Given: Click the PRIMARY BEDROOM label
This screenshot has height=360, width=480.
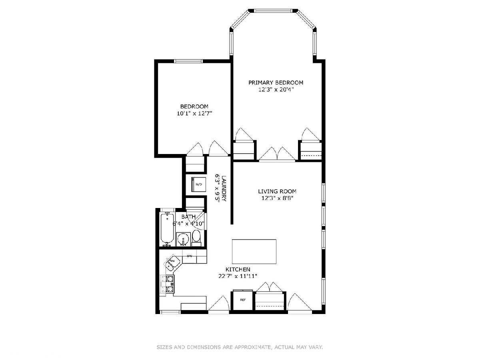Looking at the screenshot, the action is point(276,83).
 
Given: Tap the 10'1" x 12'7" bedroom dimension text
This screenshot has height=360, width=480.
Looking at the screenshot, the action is point(194,114).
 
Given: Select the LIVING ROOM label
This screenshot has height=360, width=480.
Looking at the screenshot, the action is point(277,192).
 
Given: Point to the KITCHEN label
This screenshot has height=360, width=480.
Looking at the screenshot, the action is point(238,269).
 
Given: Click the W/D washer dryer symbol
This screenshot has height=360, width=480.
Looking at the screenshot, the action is point(198,184).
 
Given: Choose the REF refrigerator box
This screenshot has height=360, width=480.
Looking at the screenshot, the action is point(243,300).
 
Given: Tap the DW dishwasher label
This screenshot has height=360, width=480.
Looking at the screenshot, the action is point(189,256).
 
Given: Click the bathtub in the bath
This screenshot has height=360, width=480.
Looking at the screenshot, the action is point(167,230).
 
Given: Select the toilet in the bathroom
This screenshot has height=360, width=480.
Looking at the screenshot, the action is point(196,239).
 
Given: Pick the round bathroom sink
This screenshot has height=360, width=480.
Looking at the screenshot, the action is point(182,239).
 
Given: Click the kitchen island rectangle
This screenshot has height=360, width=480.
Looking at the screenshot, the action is point(254,252).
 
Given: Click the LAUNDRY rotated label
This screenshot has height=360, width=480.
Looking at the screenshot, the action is point(224,188).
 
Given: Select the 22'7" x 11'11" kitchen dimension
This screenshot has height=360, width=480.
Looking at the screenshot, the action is point(238,276).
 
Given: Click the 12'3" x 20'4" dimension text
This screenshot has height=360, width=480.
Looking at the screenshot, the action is point(276,90).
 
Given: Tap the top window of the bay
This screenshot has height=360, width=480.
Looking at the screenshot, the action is point(273,10).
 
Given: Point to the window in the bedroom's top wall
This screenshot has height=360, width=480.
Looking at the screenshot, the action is point(188,61).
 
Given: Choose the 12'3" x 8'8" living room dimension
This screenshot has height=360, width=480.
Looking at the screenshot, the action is point(277,198).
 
